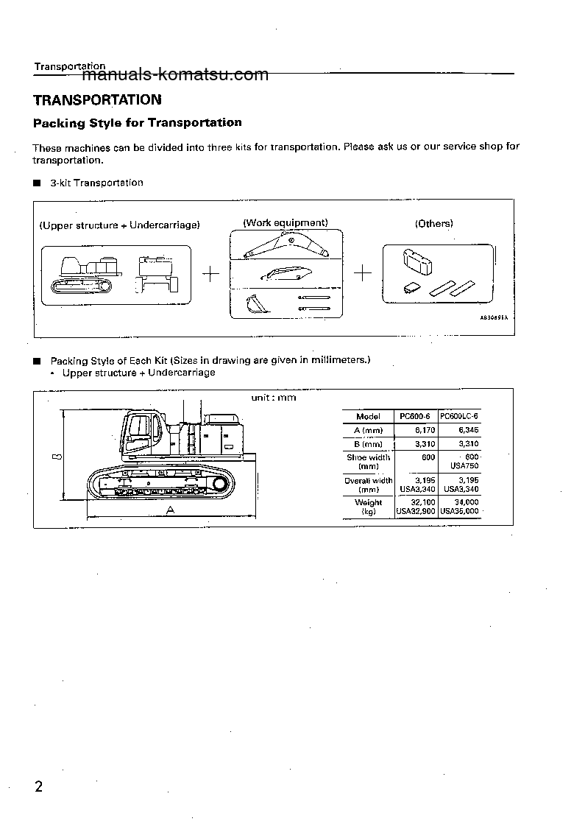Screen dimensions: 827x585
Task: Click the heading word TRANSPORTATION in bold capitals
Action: click(97, 99)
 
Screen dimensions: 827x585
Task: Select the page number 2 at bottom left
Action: click(39, 787)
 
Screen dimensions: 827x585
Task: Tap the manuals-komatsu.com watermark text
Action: click(176, 74)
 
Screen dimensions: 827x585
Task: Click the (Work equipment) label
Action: click(286, 222)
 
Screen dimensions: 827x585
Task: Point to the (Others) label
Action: click(433, 223)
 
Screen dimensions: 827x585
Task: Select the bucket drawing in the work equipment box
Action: click(254, 303)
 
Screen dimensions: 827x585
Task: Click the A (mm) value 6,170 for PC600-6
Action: click(417, 430)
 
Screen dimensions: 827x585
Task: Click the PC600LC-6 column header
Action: click(458, 416)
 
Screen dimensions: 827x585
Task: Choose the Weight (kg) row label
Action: click(368, 507)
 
